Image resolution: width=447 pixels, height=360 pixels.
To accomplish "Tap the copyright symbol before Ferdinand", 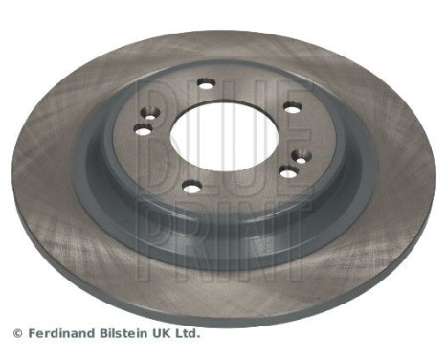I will click(16, 334).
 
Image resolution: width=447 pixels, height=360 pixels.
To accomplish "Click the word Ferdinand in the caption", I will click(58, 334).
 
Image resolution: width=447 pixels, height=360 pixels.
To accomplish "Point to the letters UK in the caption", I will click(165, 334).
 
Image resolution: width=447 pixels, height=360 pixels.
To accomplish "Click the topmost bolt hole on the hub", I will click(205, 84).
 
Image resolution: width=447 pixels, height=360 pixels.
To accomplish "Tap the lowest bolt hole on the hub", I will click(190, 187).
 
